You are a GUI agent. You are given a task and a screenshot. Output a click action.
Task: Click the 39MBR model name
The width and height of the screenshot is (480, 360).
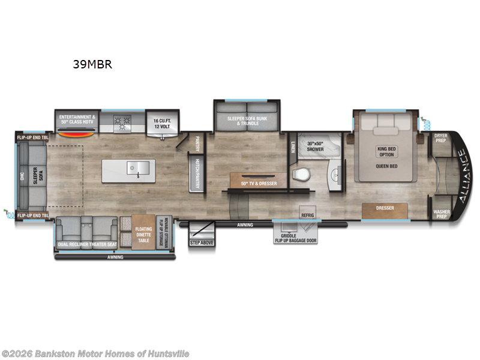pos(92,65)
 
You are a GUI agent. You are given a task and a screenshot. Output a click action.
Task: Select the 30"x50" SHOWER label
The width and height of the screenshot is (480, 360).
pos(316,146)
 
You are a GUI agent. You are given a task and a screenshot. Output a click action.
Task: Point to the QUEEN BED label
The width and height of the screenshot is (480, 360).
pos(388,166)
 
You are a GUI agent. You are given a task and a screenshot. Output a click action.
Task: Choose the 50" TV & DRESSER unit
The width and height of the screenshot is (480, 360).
pos(259,182)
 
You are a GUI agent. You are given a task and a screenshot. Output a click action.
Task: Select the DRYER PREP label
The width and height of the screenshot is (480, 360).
pos(441,139)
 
